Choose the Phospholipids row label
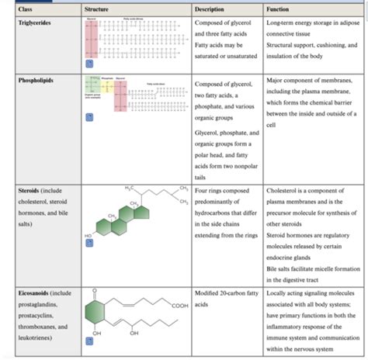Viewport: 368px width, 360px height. coord(36,80)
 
